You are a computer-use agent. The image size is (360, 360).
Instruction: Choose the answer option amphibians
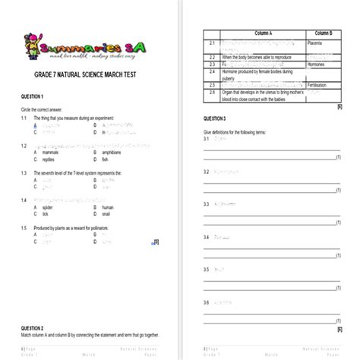112,152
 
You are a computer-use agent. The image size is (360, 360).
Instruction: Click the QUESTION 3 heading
214,119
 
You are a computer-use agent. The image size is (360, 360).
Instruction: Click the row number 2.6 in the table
213,92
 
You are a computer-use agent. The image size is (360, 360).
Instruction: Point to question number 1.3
25,172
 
